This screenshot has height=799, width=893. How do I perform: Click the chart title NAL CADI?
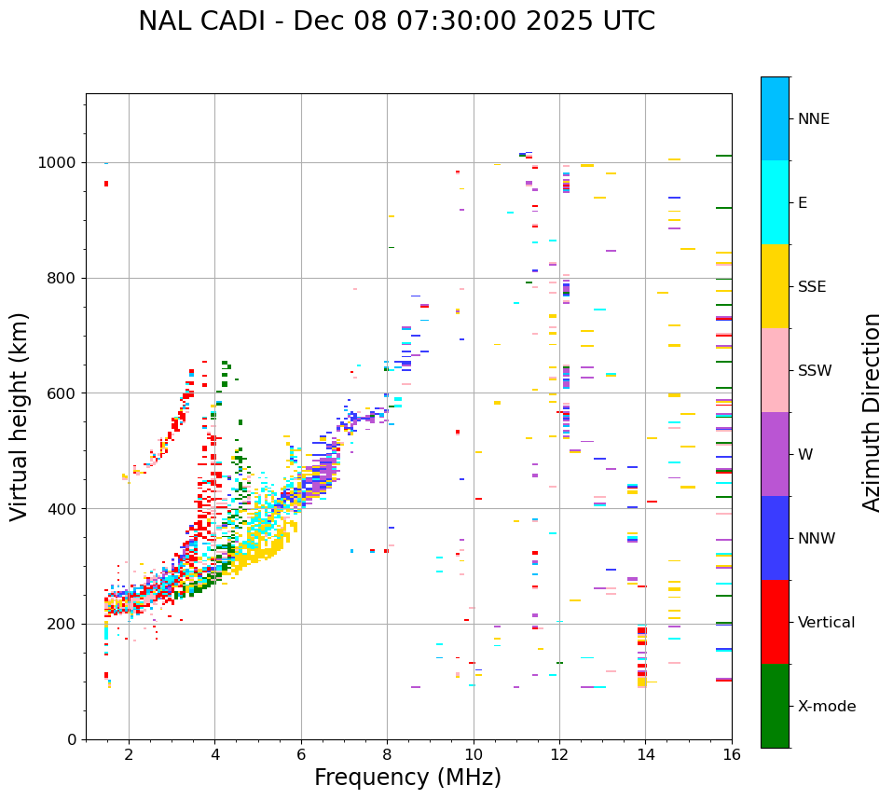coord(396,21)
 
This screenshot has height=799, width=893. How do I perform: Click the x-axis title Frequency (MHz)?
coord(407,778)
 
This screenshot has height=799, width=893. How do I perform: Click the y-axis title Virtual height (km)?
coord(20,416)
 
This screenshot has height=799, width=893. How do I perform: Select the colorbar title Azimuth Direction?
coord(872,412)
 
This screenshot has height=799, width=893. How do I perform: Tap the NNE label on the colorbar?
coord(814,119)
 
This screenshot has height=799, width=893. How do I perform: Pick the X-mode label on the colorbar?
coord(827,707)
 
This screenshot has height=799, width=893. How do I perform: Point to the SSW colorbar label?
coord(815,371)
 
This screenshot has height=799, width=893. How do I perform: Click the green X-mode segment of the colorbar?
coord(775,706)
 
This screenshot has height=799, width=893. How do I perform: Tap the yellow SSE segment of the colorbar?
coord(775,286)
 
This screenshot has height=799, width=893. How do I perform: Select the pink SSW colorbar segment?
coord(775,370)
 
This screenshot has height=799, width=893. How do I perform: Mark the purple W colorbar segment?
coord(775,454)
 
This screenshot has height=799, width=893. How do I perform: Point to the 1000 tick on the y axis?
coord(61,162)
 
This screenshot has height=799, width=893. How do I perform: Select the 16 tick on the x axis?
coord(732,753)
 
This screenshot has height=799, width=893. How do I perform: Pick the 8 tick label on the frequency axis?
coord(387,753)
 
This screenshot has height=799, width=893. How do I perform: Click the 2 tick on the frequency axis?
coord(129,753)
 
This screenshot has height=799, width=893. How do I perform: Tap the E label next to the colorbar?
coord(803,203)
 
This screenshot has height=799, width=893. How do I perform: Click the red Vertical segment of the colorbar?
coord(775,622)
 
